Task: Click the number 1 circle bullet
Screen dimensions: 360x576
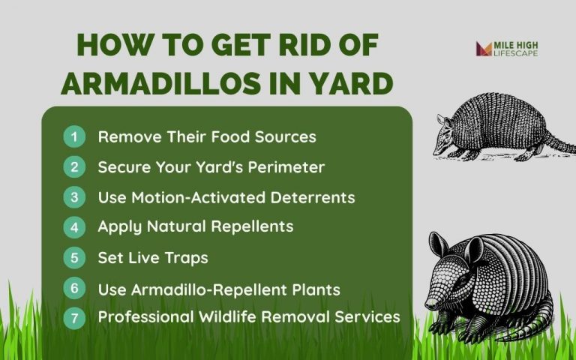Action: [x=74, y=137]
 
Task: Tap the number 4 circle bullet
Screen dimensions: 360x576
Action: [x=74, y=226]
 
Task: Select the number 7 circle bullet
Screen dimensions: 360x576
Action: [x=74, y=317]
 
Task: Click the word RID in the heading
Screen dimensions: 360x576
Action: [x=287, y=46]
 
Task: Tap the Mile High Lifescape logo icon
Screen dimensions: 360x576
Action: [x=483, y=49]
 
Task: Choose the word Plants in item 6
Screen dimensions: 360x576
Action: [x=314, y=289]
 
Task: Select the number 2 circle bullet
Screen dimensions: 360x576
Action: [x=74, y=167]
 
